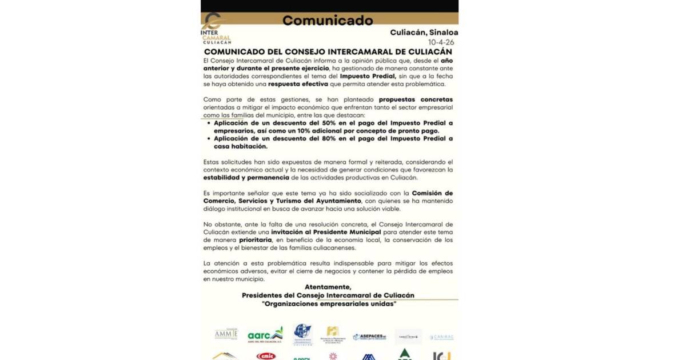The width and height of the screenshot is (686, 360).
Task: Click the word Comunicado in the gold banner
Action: [327, 21]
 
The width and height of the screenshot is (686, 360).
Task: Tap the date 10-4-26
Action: [443, 42]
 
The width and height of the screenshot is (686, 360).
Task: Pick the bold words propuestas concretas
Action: [416, 99]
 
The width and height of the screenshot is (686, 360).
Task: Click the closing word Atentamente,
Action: [328, 287]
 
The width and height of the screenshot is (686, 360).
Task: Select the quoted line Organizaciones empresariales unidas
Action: [328, 303]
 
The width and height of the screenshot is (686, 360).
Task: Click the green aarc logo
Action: [265, 335]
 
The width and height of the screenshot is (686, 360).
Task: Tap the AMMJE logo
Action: [226, 334]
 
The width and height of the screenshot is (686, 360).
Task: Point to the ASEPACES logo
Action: [369, 337]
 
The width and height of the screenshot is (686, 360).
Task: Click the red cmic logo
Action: [266, 356]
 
